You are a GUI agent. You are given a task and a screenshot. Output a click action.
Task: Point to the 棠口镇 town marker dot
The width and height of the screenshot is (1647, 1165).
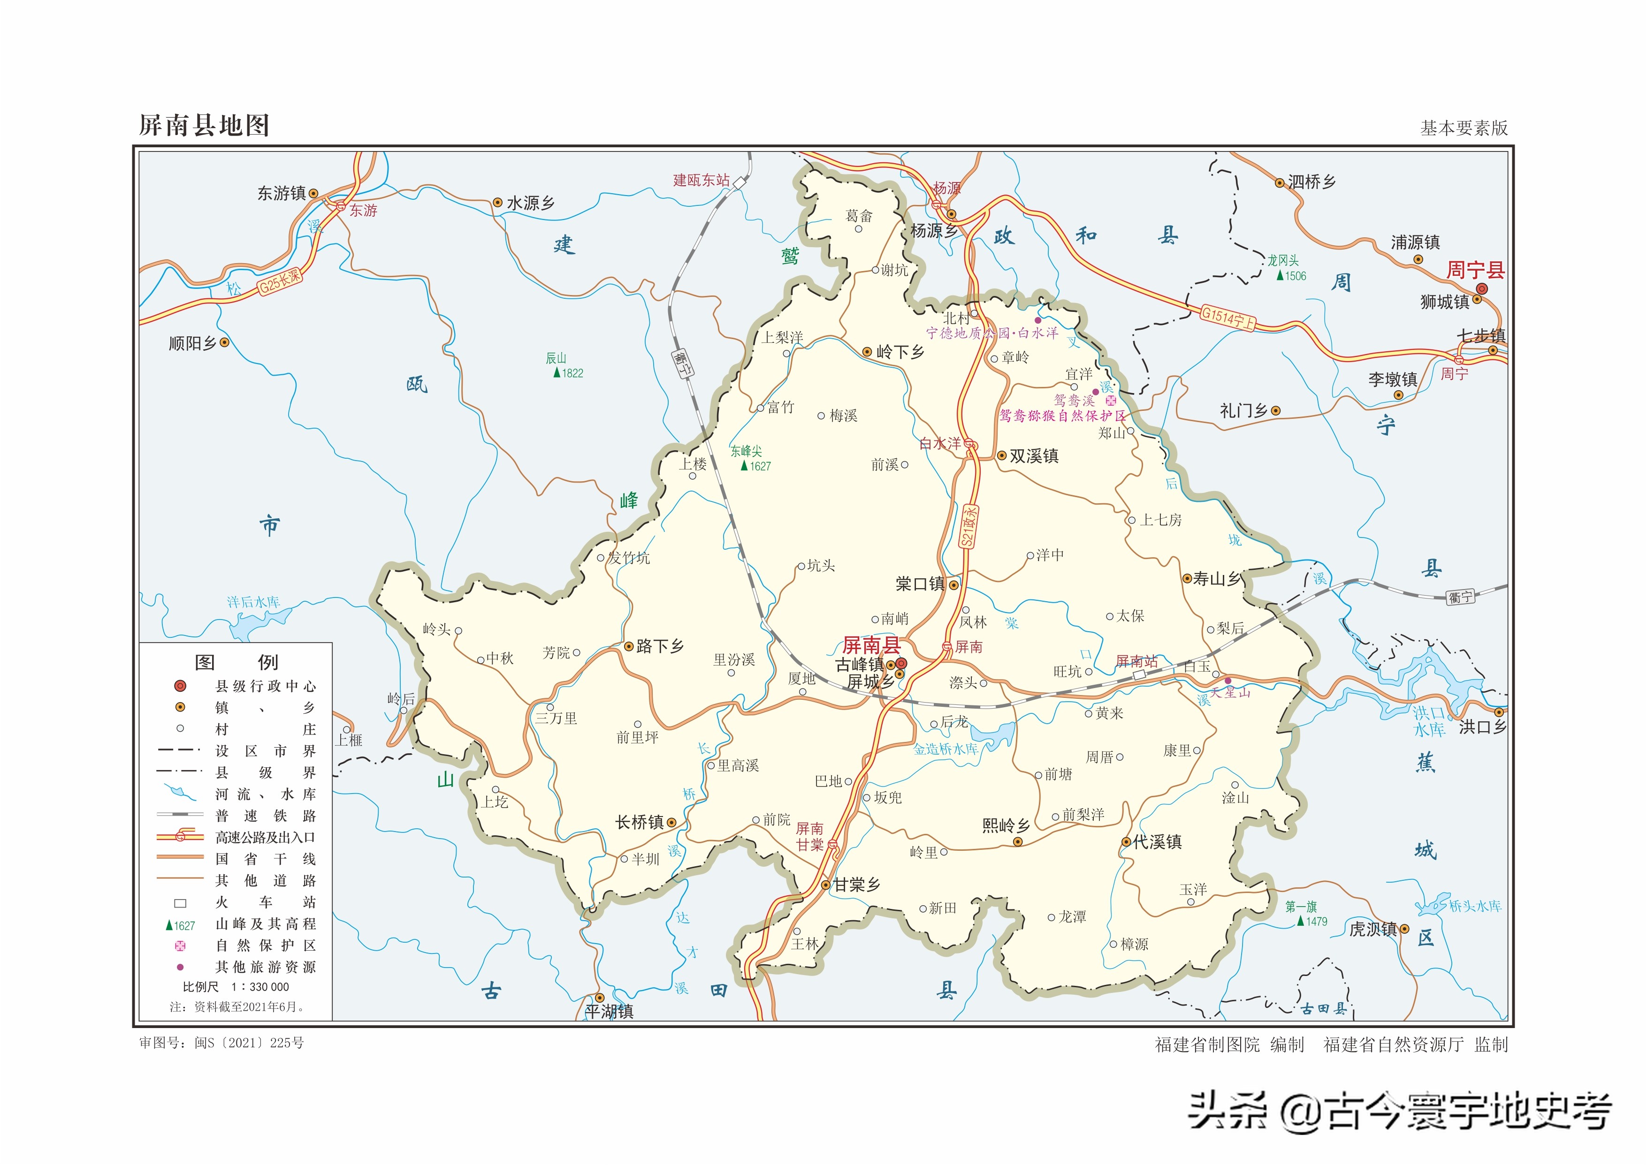click(954, 585)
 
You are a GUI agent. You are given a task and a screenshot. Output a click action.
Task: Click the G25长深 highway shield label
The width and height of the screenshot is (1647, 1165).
click(280, 281)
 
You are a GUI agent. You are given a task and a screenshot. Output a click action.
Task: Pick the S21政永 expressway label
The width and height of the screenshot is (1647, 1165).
click(969, 527)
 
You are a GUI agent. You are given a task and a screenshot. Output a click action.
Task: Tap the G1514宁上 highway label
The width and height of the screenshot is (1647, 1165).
click(1228, 318)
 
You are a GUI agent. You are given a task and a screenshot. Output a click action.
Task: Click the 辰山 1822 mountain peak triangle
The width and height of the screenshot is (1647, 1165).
click(557, 373)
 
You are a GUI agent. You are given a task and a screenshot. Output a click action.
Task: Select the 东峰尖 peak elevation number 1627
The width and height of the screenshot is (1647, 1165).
click(760, 466)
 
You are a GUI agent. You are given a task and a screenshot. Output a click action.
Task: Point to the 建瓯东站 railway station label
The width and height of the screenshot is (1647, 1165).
click(701, 180)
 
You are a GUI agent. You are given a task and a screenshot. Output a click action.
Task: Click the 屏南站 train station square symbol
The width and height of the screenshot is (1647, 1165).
click(1139, 675)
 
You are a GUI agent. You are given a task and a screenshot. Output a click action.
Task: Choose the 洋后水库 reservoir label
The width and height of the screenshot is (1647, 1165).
click(253, 602)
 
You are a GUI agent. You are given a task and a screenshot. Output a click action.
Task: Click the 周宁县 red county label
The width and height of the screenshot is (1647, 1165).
click(1475, 271)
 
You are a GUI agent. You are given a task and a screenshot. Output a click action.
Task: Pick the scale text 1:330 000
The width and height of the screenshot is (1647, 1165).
click(260, 987)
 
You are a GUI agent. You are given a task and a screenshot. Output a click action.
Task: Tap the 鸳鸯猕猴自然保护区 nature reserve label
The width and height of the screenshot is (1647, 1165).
click(1063, 416)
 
